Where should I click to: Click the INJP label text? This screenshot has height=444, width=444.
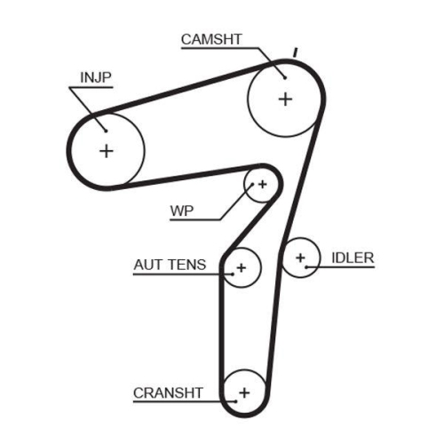click(96, 76)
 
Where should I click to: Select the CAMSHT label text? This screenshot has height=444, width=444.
click(211, 39)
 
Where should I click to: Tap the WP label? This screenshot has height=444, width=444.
click(182, 211)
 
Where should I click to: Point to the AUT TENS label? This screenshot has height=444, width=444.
click(170, 264)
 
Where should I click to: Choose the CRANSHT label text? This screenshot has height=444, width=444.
click(168, 392)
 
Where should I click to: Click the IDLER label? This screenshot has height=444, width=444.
click(353, 258)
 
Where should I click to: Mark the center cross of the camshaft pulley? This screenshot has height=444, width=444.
click(284, 99)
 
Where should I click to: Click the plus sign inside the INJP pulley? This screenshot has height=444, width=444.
click(107, 150)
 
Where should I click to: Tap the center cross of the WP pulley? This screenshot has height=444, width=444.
click(261, 185)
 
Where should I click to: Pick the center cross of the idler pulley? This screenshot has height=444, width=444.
click(300, 258)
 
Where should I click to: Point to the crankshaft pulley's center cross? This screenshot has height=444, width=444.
click(244, 392)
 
